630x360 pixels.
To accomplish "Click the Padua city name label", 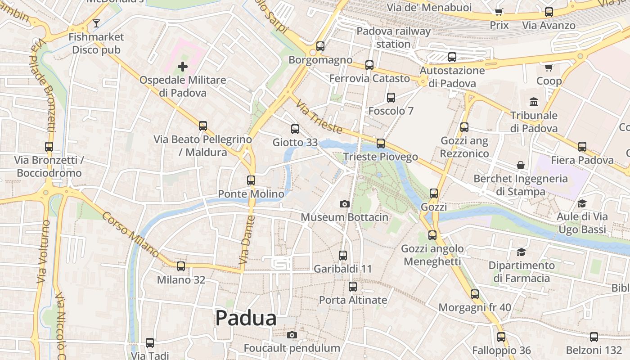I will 246,318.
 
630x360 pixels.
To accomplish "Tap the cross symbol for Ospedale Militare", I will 182,67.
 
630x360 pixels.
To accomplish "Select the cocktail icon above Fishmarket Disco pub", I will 96,23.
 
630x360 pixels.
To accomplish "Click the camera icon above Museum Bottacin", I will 344,204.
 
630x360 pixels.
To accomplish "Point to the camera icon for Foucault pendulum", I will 292,335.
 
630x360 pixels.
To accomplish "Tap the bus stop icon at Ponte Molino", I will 251,180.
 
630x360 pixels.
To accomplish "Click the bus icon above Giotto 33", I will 295,129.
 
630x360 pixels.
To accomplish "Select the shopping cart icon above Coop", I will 549,68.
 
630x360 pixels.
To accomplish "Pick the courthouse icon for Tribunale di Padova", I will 534,102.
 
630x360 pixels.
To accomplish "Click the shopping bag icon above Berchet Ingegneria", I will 521,165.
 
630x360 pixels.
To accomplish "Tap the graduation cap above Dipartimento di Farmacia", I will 521,252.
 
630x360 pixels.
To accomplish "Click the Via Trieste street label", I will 319,117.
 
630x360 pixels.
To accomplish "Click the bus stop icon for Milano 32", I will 181,266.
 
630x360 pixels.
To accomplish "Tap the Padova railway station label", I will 393,37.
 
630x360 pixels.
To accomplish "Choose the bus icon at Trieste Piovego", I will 381,144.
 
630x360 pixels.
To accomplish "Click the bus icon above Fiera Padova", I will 582,147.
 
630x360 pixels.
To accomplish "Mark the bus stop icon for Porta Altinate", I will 353,287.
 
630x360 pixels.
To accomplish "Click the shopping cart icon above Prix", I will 499,12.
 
